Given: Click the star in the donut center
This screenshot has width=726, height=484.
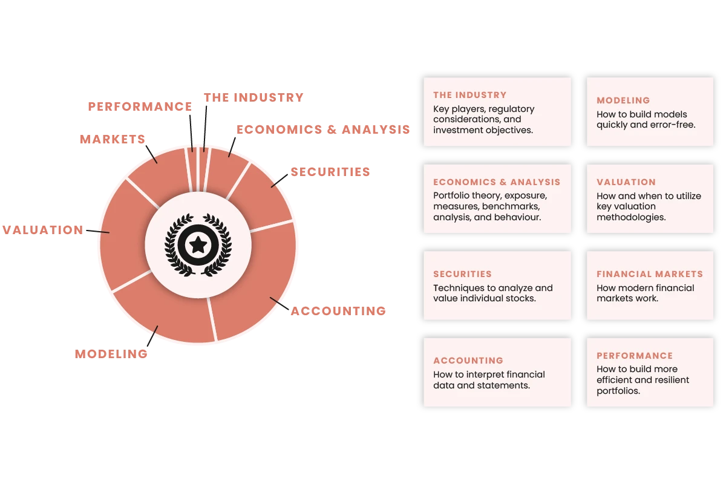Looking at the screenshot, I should [x=198, y=244].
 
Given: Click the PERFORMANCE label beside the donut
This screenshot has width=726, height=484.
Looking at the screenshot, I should [x=140, y=106].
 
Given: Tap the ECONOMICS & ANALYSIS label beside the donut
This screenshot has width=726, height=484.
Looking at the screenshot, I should [x=324, y=129].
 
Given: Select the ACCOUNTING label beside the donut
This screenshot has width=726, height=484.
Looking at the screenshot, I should [x=339, y=312].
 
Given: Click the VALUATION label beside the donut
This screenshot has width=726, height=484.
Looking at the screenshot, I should [x=42, y=230].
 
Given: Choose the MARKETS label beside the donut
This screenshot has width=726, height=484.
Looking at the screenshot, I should [x=112, y=139].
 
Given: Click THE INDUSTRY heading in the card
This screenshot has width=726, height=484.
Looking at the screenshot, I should [x=469, y=95].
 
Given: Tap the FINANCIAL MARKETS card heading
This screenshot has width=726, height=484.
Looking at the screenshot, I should [x=650, y=274].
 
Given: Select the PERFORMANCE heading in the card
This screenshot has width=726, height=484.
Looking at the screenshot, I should [x=635, y=356].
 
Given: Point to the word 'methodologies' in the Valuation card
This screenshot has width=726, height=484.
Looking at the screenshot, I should [x=631, y=217].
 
